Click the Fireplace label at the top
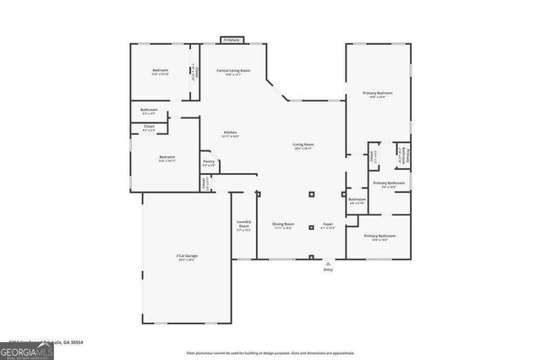229,39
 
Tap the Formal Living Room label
233,71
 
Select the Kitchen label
229,134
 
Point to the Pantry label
208,161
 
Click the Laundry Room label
243,226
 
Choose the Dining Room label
282,224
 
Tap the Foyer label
328,224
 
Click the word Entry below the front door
328,270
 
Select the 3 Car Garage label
186,256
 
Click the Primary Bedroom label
377,94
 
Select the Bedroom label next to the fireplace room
161,70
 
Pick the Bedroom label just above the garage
167,157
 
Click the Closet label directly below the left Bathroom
148,128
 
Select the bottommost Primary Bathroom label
379,237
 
